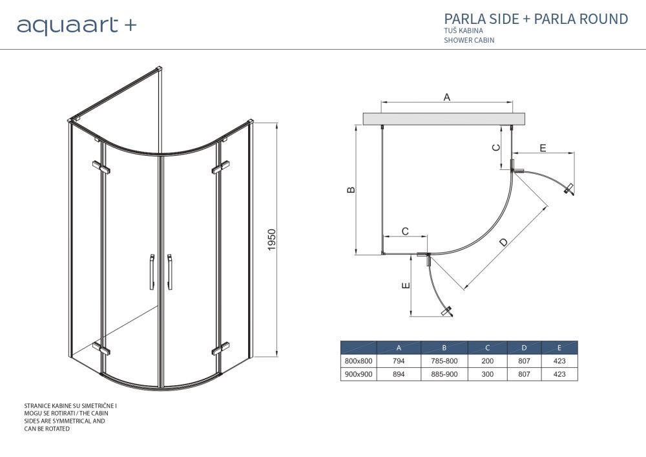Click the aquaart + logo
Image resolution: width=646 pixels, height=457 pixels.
click(x=76, y=25)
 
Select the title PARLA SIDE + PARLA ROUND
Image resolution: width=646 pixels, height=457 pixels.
click(x=536, y=19)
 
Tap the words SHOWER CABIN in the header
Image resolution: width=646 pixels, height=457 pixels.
click(x=469, y=40)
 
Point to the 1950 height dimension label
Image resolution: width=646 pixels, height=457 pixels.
click(x=272, y=240)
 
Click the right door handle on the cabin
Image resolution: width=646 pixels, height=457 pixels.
click(x=170, y=271)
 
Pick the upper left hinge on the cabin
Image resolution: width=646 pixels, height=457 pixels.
click(x=101, y=167)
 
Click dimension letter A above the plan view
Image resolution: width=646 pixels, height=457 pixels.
click(x=446, y=97)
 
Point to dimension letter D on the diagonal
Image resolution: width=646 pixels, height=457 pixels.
click(x=504, y=243)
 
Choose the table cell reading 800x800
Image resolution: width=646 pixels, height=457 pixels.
click(x=359, y=361)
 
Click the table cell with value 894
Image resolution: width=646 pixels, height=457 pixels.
click(x=399, y=374)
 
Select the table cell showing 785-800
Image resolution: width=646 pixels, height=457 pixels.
click(x=444, y=361)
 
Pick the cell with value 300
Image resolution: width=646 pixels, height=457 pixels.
click(x=488, y=374)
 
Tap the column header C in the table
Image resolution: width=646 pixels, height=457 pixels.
click(x=488, y=348)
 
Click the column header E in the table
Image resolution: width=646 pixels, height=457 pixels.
click(x=559, y=348)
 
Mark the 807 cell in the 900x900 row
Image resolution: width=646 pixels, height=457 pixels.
click(x=524, y=374)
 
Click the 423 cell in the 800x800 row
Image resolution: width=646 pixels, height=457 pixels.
click(x=559, y=361)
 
